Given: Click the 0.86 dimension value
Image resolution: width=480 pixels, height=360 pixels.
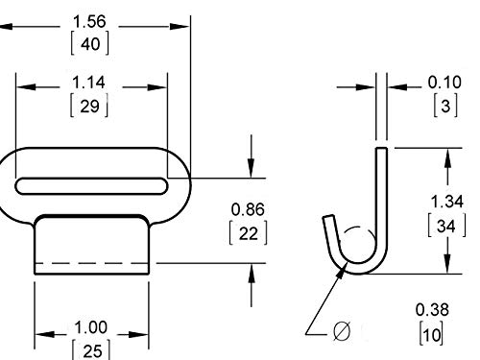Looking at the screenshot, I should tap(249, 208).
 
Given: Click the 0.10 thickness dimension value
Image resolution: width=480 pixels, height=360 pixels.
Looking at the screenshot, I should tap(443, 84).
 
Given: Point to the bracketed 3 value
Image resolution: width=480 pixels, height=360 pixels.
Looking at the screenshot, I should tap(443, 106).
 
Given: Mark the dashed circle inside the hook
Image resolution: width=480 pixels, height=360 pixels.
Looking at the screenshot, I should tap(356, 244).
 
